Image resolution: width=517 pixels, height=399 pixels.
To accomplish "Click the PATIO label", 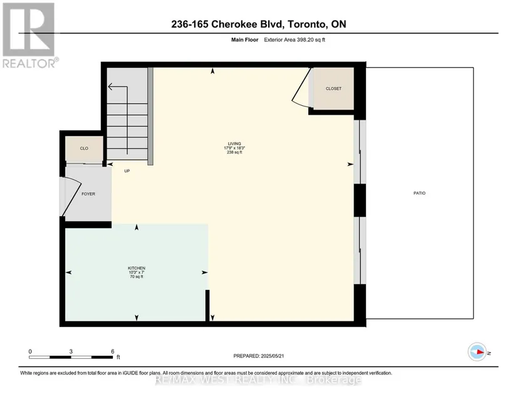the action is (x=419, y=193).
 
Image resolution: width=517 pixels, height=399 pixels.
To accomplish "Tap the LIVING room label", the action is (x=234, y=143).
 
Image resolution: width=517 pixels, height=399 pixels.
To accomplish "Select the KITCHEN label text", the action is (x=137, y=268).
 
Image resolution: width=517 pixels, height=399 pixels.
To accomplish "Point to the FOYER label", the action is (x=88, y=194).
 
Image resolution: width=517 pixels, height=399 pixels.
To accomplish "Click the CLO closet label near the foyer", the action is (x=84, y=148).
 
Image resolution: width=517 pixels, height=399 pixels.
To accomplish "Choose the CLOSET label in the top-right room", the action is (x=333, y=88).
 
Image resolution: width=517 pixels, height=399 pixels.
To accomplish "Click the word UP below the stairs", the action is (x=127, y=171).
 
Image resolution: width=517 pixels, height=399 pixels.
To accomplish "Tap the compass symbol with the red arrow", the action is (x=477, y=352).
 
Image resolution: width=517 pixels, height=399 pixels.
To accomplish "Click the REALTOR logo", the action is (x=29, y=36).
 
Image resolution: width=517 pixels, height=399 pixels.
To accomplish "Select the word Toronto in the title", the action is (x=305, y=24).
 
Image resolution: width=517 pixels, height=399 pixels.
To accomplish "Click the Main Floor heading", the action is (x=244, y=40).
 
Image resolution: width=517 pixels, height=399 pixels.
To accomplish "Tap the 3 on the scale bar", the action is (x=71, y=351).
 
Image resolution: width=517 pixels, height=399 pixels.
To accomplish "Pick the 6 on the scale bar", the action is (x=112, y=351).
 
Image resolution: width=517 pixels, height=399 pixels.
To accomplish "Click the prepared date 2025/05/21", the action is (x=273, y=356).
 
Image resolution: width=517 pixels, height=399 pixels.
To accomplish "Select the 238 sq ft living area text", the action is (x=234, y=152).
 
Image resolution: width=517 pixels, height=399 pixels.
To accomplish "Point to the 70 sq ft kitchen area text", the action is (x=137, y=277).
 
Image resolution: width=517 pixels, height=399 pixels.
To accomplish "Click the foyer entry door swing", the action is (x=71, y=197).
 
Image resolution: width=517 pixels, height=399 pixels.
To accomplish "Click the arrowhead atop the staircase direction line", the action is (x=110, y=86).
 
